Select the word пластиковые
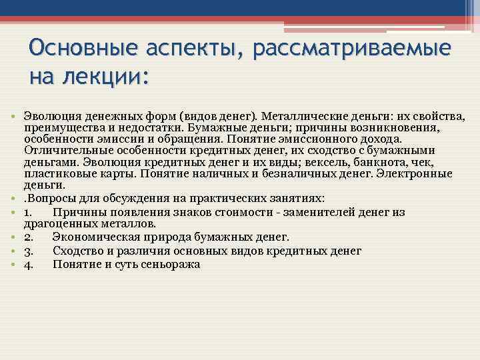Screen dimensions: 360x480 point(56,173)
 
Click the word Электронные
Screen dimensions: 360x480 point(414,173)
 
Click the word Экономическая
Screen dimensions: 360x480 point(97,237)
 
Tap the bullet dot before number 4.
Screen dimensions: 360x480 point(14,265)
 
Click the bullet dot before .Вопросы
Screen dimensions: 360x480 point(14,198)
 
